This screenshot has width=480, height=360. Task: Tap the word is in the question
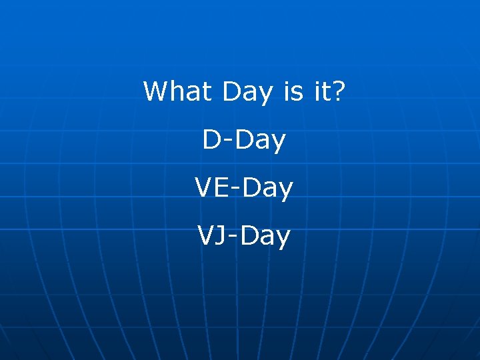click(x=293, y=91)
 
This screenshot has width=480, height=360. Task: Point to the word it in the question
click(x=321, y=91)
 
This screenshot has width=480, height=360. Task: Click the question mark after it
click(x=338, y=91)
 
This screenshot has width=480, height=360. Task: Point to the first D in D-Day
click(x=212, y=140)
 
